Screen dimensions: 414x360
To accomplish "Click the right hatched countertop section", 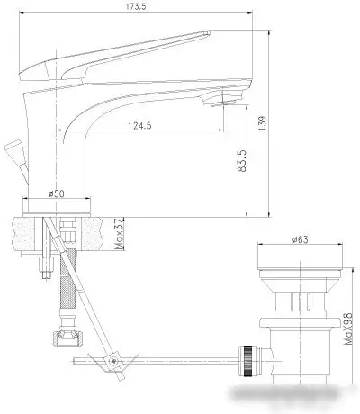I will [101, 232].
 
